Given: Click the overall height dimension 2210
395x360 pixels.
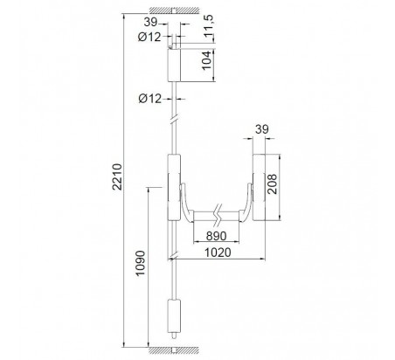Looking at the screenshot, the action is click(118, 177).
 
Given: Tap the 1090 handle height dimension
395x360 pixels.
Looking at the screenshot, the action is click(141, 263).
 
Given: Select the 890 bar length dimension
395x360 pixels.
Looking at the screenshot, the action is click(216, 236).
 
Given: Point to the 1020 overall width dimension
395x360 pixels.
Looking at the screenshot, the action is click(218, 253).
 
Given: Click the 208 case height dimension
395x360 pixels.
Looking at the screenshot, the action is click(272, 184).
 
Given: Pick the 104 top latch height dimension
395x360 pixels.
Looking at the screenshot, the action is click(206, 60).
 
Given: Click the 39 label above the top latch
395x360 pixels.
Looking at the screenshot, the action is click(150, 22).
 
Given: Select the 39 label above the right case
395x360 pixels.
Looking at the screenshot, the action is click(262, 129).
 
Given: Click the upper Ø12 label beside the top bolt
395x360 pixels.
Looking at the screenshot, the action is click(149, 37).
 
